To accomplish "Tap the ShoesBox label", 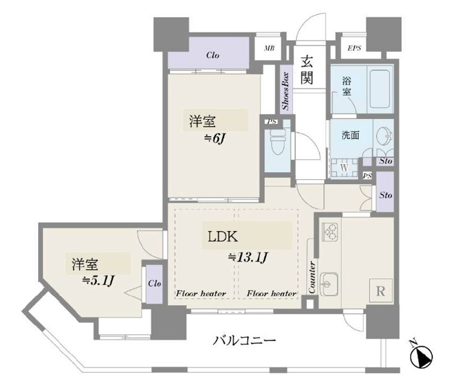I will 285,90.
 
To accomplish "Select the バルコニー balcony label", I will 245,340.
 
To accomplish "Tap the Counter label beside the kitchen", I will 312,277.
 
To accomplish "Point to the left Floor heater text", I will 200,294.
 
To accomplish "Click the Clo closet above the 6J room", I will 213,55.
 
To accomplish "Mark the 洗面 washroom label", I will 350,136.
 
